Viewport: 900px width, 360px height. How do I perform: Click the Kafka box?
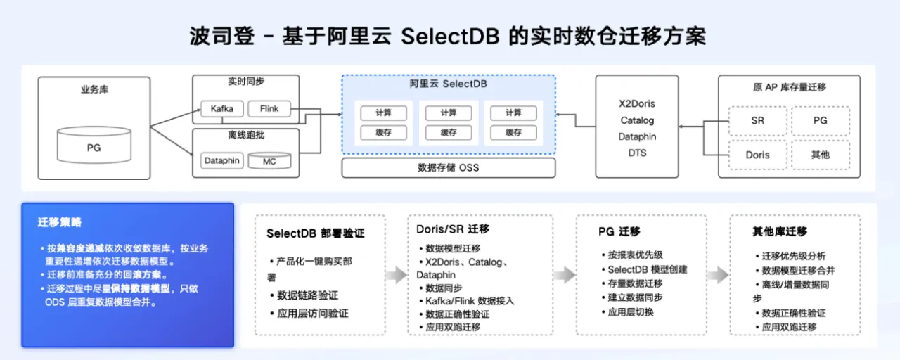point(221,109)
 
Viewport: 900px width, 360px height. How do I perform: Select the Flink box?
point(269,109)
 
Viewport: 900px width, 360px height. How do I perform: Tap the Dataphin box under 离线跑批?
point(221,160)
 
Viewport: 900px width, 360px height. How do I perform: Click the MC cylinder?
point(269,160)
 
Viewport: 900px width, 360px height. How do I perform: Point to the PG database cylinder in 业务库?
point(94,147)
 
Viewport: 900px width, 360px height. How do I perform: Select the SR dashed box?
point(757,120)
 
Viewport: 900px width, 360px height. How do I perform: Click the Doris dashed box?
point(757,155)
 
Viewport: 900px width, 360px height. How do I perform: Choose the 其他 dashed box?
point(821,155)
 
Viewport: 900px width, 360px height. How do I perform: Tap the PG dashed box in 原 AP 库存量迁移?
point(821,120)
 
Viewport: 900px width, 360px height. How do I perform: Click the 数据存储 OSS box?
point(448,167)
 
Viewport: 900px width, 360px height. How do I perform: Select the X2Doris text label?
point(637,103)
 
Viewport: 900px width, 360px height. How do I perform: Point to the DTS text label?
point(637,153)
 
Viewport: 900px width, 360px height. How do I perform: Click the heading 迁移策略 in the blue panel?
point(60,222)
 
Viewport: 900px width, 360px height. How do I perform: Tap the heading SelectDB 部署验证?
point(316,233)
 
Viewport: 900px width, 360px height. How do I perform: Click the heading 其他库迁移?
point(779,231)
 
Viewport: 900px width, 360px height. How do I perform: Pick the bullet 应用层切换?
point(631,311)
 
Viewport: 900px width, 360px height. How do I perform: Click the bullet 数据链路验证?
point(307,295)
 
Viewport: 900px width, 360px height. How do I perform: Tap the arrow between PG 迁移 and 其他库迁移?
point(718,275)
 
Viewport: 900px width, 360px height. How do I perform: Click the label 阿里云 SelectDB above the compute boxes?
point(448,84)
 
